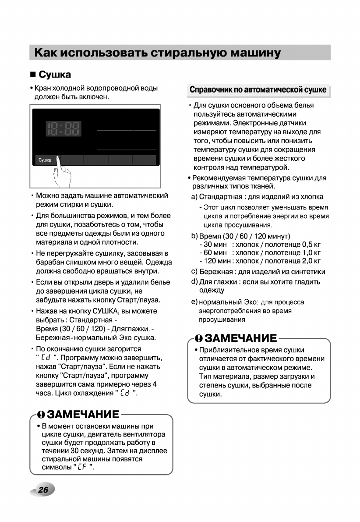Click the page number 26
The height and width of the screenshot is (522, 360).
click(x=43, y=490)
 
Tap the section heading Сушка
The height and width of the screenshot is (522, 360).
click(x=55, y=75)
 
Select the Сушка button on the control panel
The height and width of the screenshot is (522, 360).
click(x=45, y=160)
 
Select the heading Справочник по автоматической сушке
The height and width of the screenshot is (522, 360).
click(x=258, y=90)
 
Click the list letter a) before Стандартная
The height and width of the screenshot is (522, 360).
click(x=194, y=196)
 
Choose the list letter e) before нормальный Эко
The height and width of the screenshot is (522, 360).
click(x=194, y=302)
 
